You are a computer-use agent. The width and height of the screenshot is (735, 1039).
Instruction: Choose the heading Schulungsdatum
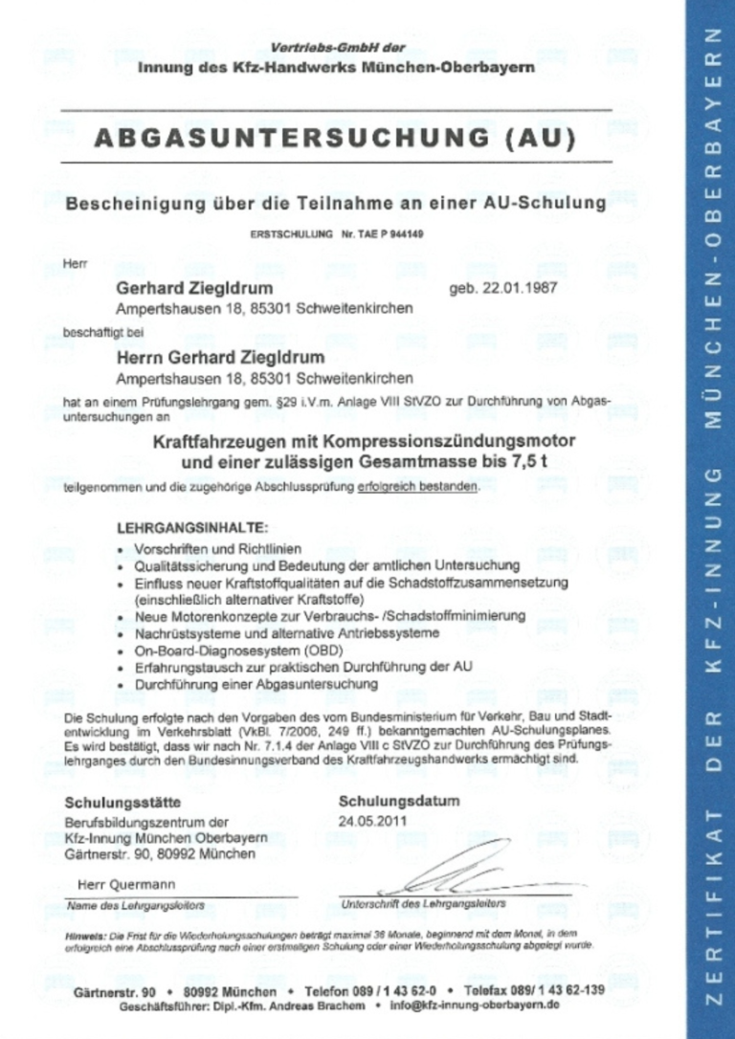click(399, 801)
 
